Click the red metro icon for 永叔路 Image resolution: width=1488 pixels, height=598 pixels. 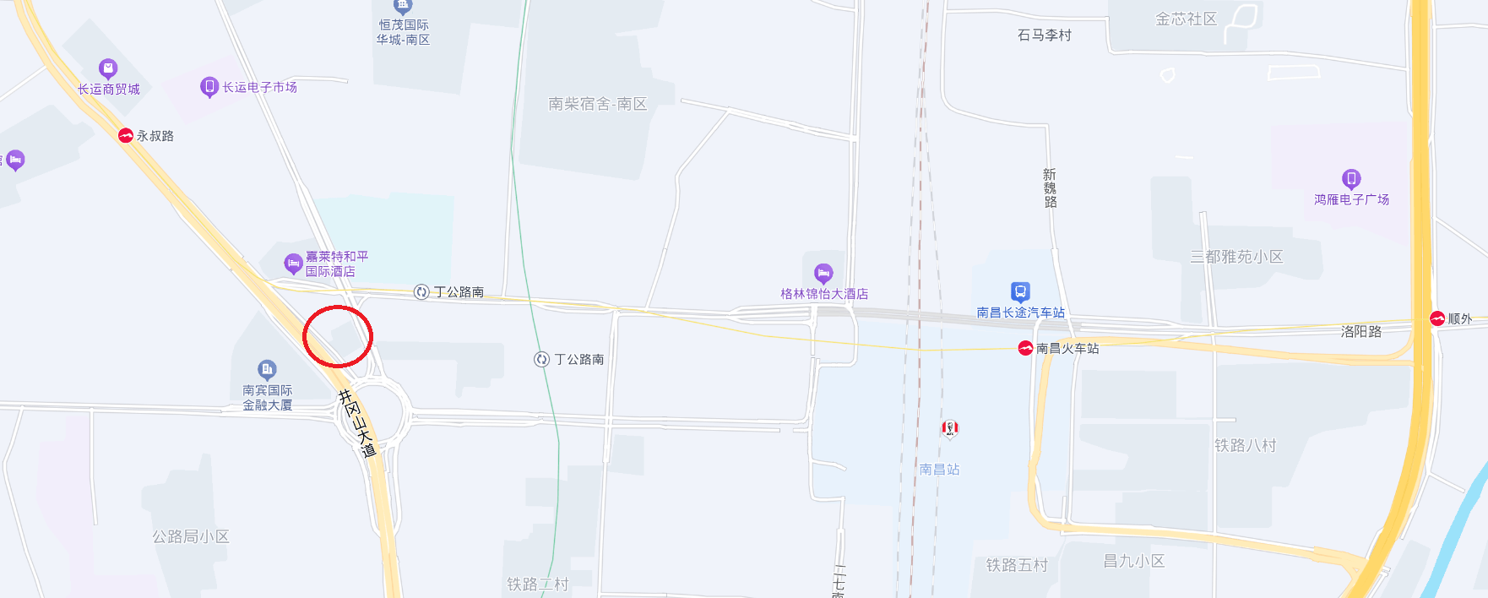126,135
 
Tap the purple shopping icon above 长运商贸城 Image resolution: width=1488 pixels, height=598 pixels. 108,68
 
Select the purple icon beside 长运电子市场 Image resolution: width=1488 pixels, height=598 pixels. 209,87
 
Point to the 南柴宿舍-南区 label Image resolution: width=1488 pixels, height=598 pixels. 597,104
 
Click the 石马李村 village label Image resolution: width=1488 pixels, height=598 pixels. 1044,35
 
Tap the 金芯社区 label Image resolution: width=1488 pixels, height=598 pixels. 1186,19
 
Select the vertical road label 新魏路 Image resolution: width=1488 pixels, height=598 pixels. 1051,188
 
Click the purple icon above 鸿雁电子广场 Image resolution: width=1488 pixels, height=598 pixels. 1351,178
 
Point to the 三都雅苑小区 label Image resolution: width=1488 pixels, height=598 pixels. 1236,257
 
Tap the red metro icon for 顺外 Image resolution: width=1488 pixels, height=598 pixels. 1437,318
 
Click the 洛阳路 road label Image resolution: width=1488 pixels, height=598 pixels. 1361,332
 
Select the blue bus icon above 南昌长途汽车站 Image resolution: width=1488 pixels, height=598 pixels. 1020,292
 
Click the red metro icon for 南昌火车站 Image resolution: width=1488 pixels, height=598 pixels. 1025,348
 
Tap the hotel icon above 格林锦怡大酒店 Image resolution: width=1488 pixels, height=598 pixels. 823,273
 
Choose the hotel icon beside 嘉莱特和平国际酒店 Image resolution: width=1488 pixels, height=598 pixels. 293,264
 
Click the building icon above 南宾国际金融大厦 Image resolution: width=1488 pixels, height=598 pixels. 267,369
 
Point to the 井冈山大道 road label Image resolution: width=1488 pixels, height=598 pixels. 357,423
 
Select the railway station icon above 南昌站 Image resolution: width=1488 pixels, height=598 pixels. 950,428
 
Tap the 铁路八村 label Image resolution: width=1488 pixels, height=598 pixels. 1245,445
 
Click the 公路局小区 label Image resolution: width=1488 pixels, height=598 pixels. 190,536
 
